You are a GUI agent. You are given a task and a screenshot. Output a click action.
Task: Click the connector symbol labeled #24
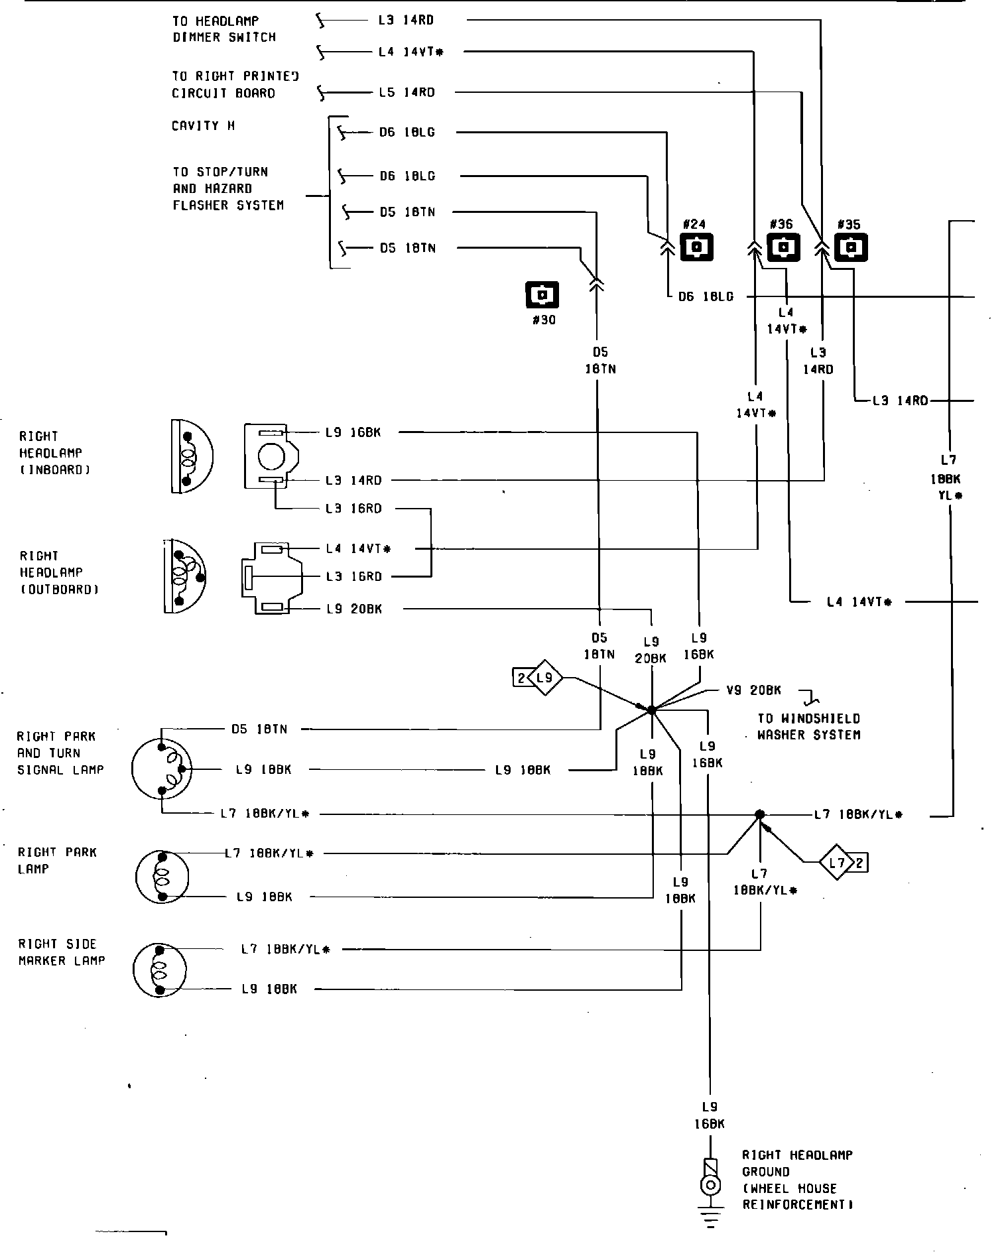(x=696, y=247)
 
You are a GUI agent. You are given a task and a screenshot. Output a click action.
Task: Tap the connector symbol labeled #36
(x=783, y=247)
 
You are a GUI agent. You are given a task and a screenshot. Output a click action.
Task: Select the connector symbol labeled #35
(x=851, y=247)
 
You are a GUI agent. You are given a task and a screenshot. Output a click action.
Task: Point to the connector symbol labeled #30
(x=542, y=295)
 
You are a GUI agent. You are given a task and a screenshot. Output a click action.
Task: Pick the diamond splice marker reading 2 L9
(x=538, y=678)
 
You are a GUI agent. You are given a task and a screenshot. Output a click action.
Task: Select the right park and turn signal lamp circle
(x=162, y=769)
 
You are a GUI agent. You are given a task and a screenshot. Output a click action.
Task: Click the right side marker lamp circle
(x=160, y=969)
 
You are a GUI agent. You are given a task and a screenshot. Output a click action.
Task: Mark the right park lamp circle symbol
(x=162, y=875)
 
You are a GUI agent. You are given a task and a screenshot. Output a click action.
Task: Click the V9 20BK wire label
(x=753, y=690)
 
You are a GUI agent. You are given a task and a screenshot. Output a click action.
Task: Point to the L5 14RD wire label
(x=407, y=92)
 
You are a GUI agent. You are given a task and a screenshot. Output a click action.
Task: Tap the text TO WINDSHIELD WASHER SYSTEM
(x=808, y=727)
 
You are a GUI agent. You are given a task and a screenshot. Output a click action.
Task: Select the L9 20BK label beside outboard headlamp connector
(x=354, y=609)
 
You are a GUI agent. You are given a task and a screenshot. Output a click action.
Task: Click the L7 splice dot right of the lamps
(x=760, y=814)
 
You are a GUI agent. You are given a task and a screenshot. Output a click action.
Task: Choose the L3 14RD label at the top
(x=406, y=21)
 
